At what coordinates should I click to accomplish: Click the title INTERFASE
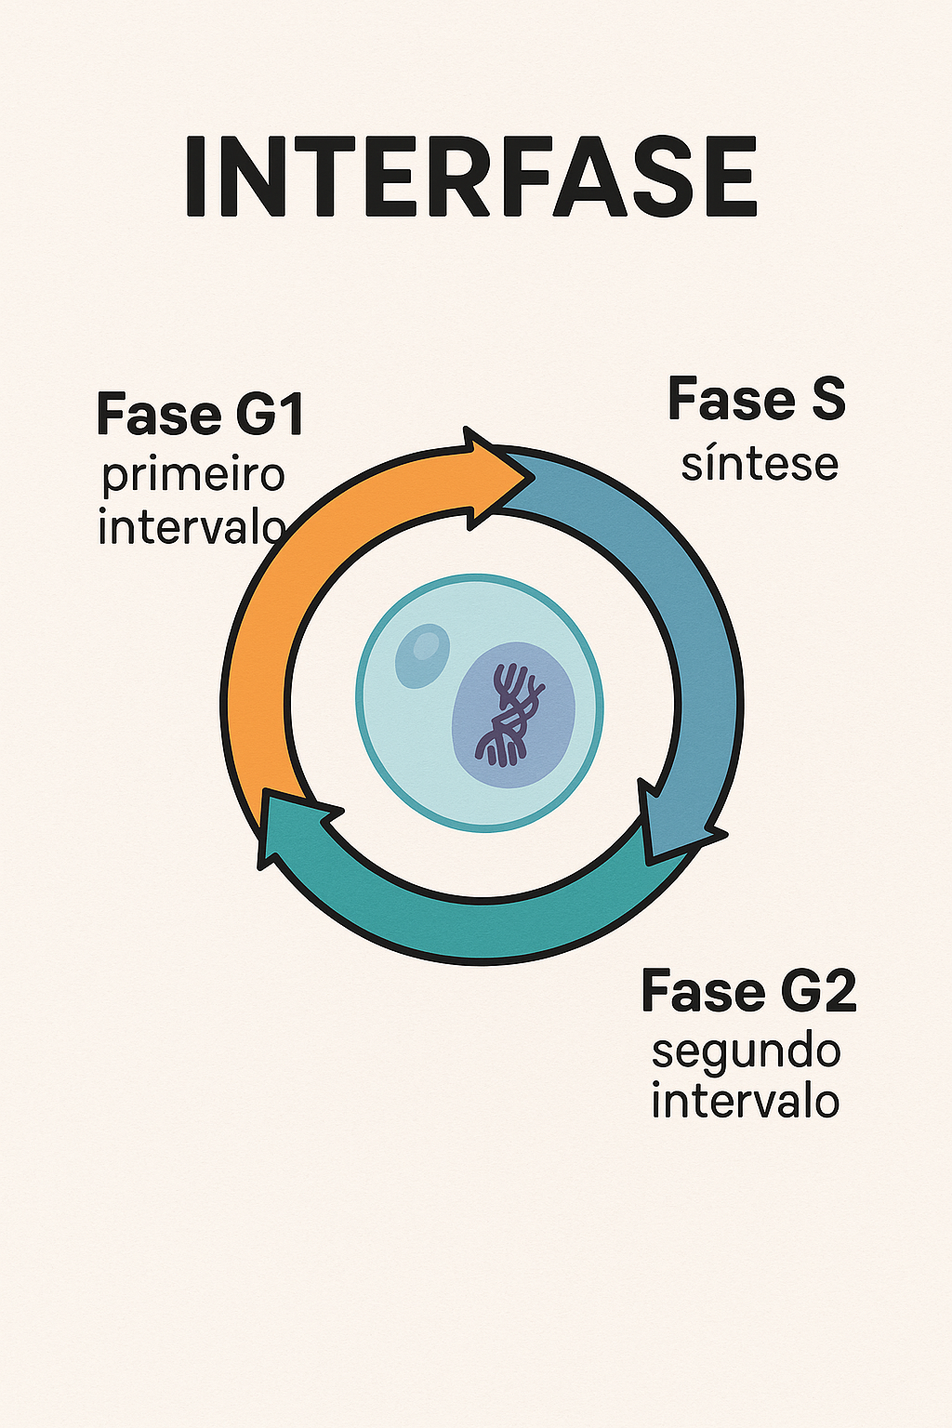[x=472, y=177]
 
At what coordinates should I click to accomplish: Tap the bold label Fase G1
[x=201, y=415]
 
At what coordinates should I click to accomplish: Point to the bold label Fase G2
[x=749, y=990]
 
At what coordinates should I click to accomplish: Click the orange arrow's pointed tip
[x=533, y=476]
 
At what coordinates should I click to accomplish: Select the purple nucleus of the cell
[x=514, y=715]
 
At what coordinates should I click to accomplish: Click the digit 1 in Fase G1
[x=292, y=415]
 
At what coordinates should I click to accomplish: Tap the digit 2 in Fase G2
[x=838, y=991]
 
